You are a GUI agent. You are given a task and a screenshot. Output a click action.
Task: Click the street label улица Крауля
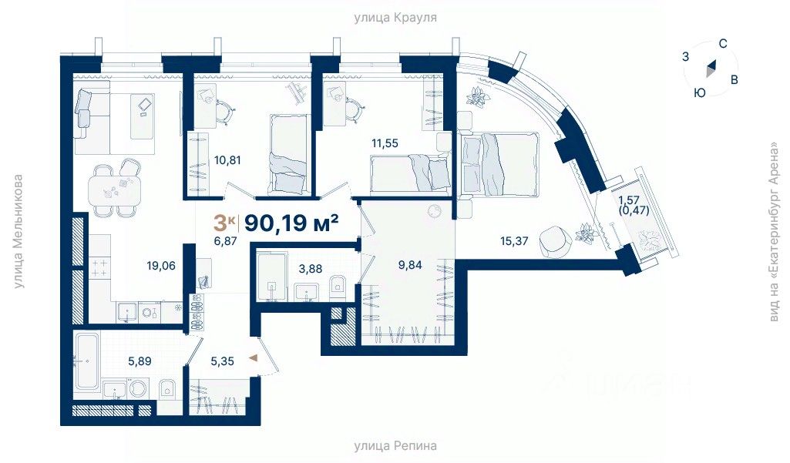coord(395,18)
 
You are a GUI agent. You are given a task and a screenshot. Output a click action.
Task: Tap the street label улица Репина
coord(395,446)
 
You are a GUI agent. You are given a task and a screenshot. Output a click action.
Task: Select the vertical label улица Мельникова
coord(18,232)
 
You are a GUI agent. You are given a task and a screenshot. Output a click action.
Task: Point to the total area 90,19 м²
coord(291,222)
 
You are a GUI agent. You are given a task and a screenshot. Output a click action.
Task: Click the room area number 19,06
coord(161,266)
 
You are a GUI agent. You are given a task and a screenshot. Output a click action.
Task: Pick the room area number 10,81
coord(227,161)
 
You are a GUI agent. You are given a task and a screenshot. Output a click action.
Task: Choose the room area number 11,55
coord(385,143)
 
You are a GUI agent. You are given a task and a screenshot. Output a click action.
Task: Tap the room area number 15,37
coord(514,241)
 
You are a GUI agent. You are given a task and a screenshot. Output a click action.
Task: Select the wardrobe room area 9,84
coord(409,264)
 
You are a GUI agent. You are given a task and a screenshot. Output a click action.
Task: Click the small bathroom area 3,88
coord(310,269)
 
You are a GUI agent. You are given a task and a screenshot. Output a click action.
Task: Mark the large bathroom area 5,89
coord(140,361)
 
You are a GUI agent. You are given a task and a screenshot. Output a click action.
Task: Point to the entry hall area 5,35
coord(222,361)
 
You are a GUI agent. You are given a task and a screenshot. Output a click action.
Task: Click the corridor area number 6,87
coord(225,241)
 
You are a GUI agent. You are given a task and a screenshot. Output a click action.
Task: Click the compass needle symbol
coord(711,68)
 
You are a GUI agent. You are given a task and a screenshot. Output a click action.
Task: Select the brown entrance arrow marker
coord(254,358)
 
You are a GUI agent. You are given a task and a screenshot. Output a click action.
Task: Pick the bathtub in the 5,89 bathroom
coord(87,361)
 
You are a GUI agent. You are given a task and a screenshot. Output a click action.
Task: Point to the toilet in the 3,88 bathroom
coord(337,285)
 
